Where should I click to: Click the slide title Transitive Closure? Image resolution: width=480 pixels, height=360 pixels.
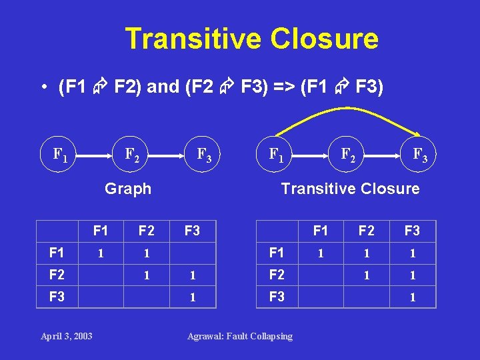tap(251, 39)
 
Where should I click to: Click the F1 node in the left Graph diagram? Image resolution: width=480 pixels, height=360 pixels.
tap(59, 155)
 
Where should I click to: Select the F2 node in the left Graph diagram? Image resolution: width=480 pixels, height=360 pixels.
tap(132, 155)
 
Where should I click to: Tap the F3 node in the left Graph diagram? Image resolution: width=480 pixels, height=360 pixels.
tap(204, 155)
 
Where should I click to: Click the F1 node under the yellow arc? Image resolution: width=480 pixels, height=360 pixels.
tap(275, 155)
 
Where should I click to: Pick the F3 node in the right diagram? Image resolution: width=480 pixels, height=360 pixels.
tap(420, 155)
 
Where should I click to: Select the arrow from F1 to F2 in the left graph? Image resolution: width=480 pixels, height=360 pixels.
tap(95, 155)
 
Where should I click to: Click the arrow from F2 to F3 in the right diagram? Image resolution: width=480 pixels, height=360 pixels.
tap(383, 155)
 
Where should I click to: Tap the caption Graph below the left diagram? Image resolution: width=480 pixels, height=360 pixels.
tap(128, 189)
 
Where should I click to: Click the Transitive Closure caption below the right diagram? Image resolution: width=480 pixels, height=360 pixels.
tap(350, 189)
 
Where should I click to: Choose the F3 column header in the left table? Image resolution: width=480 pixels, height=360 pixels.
tap(192, 231)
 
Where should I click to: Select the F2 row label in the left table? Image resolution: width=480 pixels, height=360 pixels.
tap(57, 275)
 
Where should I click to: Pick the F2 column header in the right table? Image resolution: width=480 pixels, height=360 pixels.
tap(366, 231)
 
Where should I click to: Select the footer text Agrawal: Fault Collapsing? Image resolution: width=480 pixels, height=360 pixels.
tap(239, 336)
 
